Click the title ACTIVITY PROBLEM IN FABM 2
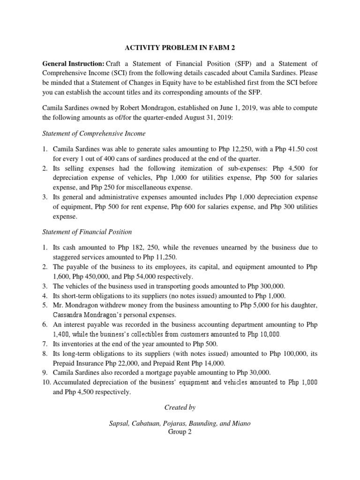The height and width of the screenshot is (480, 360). (x=180, y=48)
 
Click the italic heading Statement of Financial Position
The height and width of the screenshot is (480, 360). (x=87, y=232)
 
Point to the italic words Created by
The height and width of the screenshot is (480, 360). (x=180, y=407)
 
